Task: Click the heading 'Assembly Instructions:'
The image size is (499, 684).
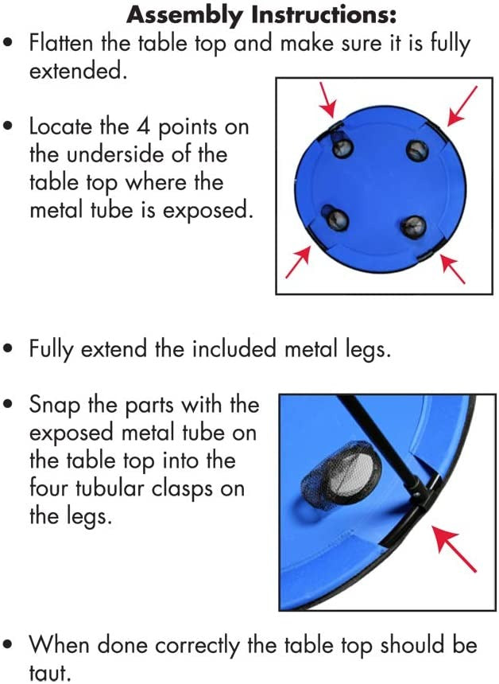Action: (x=261, y=15)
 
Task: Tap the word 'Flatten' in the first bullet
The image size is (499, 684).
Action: (x=61, y=43)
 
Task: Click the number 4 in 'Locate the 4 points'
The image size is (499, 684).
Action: (x=143, y=127)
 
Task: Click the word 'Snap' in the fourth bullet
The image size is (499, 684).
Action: (x=55, y=406)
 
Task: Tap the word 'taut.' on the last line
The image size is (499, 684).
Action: (x=50, y=673)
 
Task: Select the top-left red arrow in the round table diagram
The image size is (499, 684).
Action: (x=327, y=99)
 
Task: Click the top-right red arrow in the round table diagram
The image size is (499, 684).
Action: (x=462, y=106)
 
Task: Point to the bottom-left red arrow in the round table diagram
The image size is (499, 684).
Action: (x=299, y=262)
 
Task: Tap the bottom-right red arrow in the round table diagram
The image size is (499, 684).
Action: (x=452, y=269)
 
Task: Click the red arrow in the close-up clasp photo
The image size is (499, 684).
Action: (x=453, y=548)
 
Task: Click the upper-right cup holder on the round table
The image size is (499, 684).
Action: (x=417, y=151)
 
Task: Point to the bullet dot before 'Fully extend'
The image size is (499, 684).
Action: (x=8, y=350)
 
